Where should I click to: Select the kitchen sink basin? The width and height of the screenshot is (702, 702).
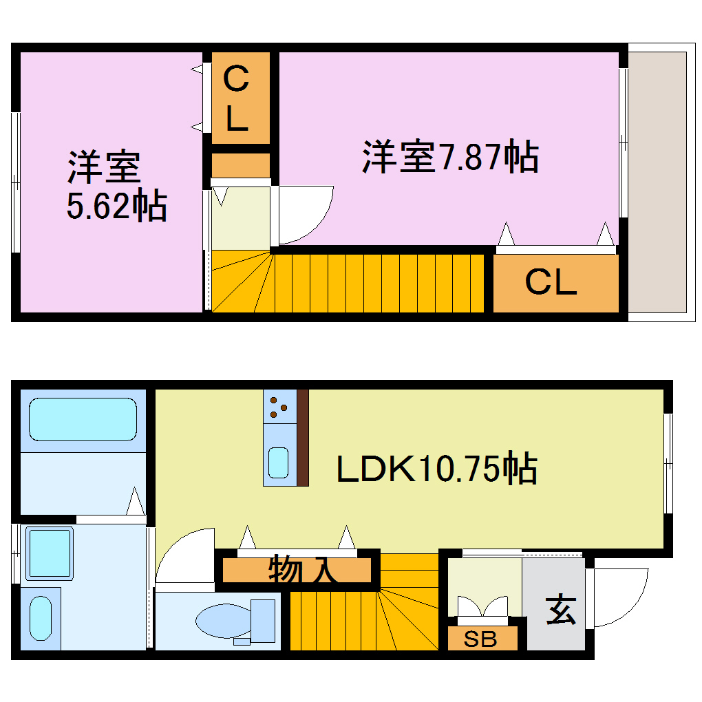coord(279,462)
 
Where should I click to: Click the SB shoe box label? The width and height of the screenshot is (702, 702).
coord(480,639)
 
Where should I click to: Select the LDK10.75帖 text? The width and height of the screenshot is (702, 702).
coord(436,469)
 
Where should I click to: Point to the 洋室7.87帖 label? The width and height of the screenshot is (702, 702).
coord(450,157)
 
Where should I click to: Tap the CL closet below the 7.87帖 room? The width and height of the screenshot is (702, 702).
coord(551,282)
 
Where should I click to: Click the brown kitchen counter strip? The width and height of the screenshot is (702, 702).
coord(302,438)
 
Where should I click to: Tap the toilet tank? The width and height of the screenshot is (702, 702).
coord(262,620)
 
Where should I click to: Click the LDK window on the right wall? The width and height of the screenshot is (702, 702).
coord(668,463)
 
